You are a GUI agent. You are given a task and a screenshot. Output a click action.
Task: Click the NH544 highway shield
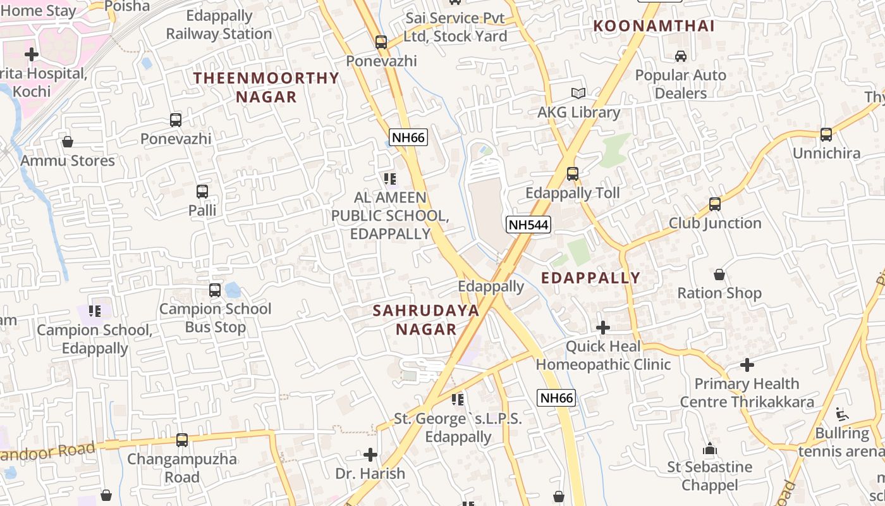[x=528, y=224]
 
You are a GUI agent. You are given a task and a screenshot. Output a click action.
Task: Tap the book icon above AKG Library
[x=578, y=94]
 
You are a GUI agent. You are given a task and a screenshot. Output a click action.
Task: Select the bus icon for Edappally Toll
[x=573, y=173]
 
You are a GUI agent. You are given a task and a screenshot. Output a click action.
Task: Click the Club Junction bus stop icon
[x=715, y=204]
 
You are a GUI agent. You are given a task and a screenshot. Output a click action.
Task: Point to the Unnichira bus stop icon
[x=826, y=134]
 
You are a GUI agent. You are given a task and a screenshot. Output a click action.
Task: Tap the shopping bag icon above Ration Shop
[x=719, y=275]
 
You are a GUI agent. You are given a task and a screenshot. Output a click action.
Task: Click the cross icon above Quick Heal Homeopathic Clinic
[x=603, y=328]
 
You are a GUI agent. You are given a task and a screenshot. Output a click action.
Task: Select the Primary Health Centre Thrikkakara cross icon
[x=747, y=365]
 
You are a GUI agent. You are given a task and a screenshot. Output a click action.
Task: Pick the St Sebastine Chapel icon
[x=710, y=448]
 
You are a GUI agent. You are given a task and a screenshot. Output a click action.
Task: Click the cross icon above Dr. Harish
[x=370, y=455]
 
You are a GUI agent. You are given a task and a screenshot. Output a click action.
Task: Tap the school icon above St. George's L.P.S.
[x=458, y=400]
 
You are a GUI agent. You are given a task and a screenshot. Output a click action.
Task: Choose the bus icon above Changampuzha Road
[x=182, y=440]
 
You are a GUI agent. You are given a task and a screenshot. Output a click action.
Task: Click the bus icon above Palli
[x=202, y=191]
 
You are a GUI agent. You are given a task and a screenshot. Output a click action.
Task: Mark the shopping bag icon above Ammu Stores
[x=68, y=142]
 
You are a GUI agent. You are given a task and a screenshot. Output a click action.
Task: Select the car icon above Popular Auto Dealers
[x=680, y=56]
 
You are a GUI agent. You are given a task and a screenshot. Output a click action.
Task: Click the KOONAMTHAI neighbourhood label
[x=654, y=26]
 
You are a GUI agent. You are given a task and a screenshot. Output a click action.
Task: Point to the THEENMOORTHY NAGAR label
[x=266, y=87]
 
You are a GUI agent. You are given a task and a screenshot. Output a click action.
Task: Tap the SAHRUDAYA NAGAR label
[x=425, y=319]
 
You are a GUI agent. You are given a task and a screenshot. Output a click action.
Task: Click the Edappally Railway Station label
[x=219, y=25]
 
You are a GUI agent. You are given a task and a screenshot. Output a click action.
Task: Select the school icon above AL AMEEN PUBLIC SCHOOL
[x=390, y=179]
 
